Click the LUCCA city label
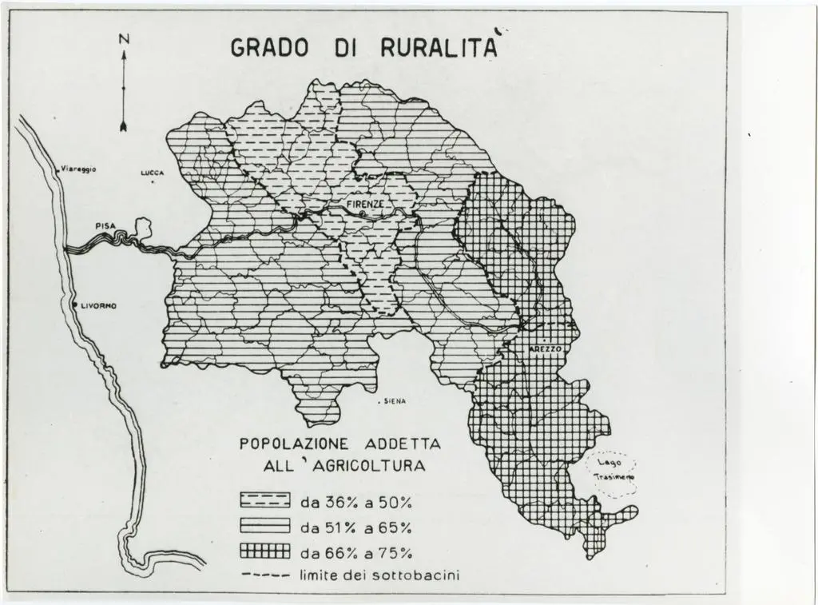(152, 172)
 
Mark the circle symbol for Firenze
(361, 214)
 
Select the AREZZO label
(546, 351)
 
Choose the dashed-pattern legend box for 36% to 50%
(264, 501)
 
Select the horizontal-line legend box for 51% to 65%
(264, 527)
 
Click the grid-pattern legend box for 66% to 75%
(264, 551)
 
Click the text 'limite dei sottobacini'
(379, 575)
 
